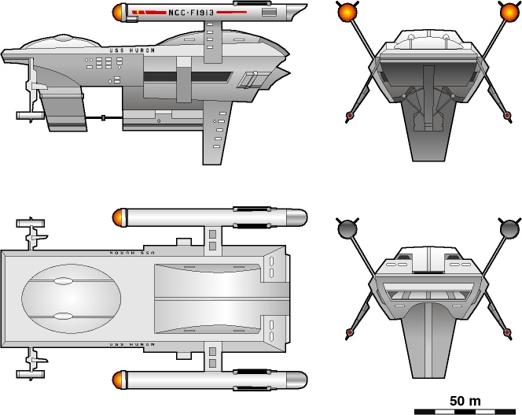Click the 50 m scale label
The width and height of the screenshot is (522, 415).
point(465,401)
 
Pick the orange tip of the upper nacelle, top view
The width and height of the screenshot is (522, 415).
point(119,217)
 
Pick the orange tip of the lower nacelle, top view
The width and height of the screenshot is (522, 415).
point(119,381)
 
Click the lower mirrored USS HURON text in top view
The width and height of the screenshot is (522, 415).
point(130,345)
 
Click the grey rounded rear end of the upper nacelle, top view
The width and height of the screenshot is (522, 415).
point(299,217)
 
